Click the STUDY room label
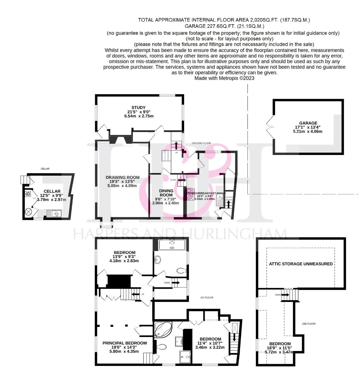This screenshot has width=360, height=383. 138,107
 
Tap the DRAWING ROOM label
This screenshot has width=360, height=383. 122,177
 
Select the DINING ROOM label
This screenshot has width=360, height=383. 166,193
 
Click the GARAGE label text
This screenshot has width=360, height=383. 308,123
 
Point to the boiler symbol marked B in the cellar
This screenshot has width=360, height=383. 28,194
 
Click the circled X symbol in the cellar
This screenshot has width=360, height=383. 29,212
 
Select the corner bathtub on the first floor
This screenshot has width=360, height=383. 162,330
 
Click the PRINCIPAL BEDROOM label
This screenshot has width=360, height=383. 124,343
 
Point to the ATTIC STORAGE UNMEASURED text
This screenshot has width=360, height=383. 301,264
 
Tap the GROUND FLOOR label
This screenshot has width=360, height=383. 201,143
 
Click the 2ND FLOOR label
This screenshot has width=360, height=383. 309,324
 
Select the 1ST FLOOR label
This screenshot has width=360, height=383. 207,297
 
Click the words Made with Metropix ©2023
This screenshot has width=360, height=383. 224,78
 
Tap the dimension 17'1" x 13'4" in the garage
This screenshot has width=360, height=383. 308,127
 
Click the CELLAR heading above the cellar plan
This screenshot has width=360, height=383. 45,169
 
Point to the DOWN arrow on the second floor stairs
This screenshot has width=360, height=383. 285,295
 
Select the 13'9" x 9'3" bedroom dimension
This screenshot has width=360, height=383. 124,256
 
